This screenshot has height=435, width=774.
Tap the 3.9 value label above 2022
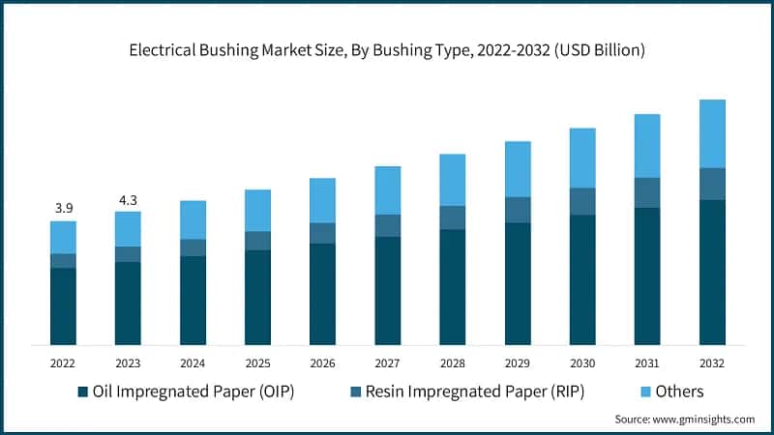coord(63,208)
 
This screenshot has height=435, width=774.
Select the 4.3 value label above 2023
coord(128,198)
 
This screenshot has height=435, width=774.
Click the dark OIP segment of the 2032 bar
coord(712,272)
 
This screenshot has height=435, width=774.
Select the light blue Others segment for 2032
coord(712,133)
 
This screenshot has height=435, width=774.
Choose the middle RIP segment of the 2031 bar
coord(647,192)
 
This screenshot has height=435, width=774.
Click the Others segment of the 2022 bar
coord(63,237)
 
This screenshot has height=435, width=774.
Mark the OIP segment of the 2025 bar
coord(257,297)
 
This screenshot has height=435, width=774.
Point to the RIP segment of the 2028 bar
coord(452,217)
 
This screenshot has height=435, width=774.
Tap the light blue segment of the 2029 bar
coord(518,169)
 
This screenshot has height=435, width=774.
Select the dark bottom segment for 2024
coord(193,300)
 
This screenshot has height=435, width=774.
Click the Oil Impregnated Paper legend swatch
coord(82,391)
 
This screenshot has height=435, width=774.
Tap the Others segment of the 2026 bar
coord(322,200)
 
